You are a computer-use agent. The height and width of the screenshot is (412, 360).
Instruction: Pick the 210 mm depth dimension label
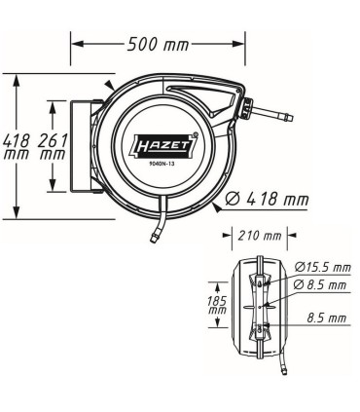pos(258,236)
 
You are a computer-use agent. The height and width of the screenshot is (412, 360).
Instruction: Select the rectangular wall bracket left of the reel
pos(82,145)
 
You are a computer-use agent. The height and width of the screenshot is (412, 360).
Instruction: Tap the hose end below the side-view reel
pos(282,369)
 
